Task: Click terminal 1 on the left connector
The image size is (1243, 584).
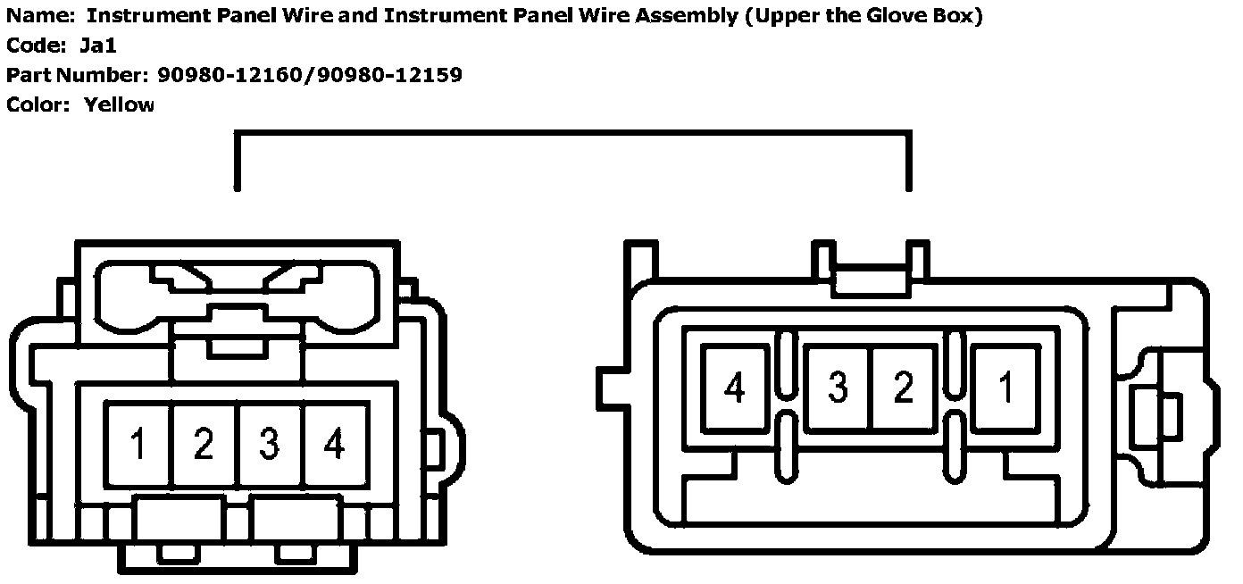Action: point(138,444)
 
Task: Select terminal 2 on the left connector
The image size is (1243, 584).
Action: point(204,444)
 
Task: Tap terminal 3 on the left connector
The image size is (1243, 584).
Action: point(270,444)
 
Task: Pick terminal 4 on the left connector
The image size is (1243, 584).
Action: point(335,444)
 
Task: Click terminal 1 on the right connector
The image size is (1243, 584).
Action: point(1005,388)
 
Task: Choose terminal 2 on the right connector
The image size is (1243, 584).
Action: point(904,388)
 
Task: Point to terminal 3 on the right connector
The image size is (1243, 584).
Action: point(838,388)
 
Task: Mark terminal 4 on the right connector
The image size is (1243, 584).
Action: point(735,388)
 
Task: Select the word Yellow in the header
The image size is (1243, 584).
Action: point(119,104)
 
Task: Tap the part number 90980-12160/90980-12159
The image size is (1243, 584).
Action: point(310,75)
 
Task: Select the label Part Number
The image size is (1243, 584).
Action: point(75,75)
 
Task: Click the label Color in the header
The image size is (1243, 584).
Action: point(36,104)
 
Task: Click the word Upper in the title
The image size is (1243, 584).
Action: point(784,16)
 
